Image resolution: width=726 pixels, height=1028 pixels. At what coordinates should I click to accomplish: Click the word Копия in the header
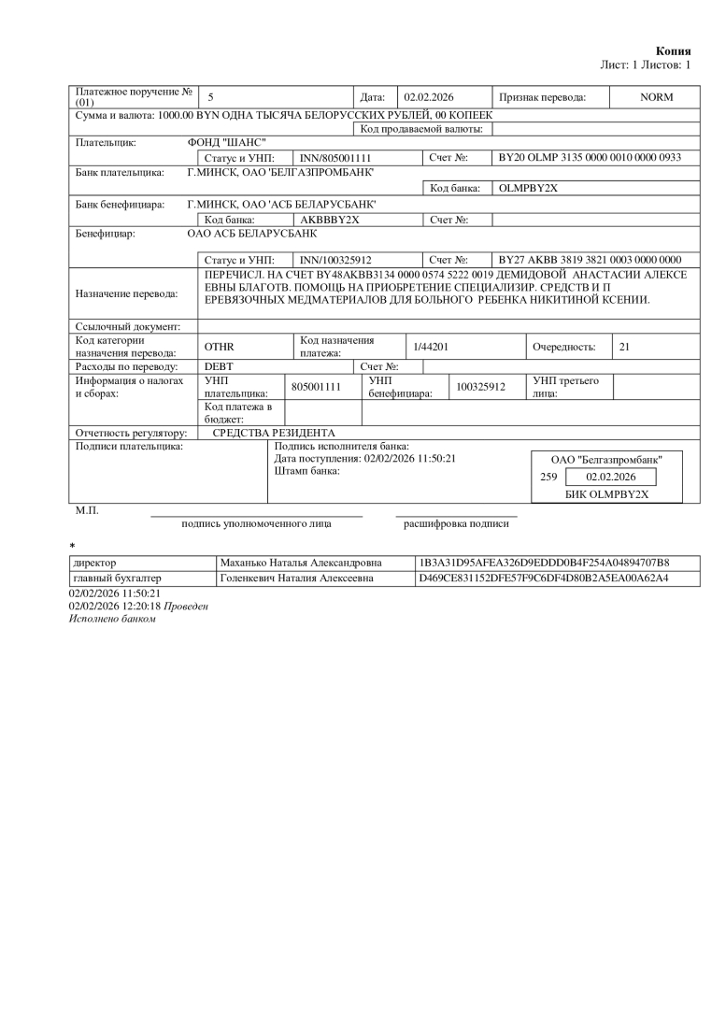[674, 50]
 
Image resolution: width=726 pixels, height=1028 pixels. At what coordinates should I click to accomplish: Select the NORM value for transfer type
[655, 97]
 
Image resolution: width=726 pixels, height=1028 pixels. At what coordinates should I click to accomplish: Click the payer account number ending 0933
[590, 158]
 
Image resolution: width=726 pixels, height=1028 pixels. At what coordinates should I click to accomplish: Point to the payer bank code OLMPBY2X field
[529, 188]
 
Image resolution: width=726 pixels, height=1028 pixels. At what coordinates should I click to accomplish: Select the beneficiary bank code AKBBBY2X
[323, 219]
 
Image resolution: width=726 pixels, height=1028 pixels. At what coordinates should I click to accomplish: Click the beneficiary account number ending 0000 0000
[590, 259]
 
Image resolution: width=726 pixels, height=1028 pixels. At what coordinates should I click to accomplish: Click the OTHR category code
[219, 347]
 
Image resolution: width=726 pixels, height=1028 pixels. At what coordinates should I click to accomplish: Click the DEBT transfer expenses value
[219, 366]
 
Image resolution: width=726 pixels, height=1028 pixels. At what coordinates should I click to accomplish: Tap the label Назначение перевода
[125, 293]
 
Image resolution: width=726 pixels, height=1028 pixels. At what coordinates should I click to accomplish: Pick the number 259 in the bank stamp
[548, 477]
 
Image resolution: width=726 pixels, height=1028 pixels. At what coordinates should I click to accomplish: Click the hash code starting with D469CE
[545, 578]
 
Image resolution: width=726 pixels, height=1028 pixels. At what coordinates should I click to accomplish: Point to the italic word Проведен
[187, 607]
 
